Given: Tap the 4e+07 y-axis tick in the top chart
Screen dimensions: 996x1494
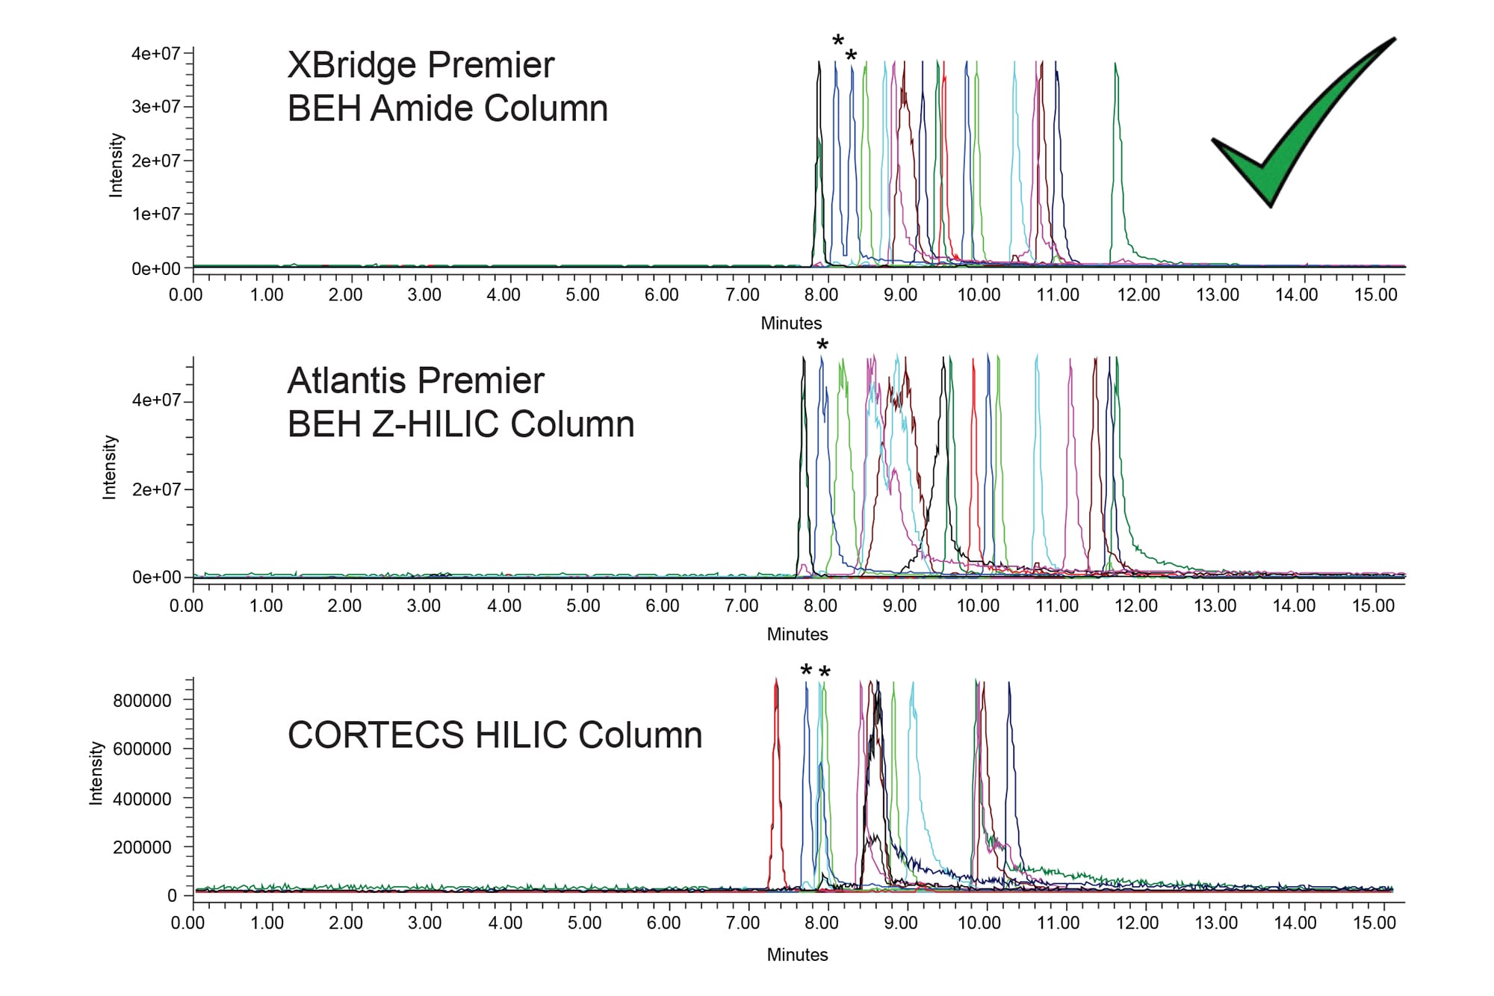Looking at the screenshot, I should (156, 53).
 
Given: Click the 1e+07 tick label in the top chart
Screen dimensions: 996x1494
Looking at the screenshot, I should (156, 214).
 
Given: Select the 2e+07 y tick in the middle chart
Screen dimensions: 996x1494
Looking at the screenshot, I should (156, 489).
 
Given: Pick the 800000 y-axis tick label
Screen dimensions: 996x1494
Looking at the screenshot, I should (142, 701).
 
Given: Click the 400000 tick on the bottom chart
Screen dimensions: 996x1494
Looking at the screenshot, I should (142, 799).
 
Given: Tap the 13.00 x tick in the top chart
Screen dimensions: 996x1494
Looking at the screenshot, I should (1217, 295).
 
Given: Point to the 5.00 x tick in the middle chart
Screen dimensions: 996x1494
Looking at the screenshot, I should (583, 606).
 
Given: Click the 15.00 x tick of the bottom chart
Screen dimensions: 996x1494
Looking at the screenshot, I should (1374, 924).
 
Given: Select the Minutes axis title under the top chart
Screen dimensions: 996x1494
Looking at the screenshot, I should (791, 324).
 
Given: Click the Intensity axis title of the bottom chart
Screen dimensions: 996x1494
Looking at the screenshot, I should (96, 773).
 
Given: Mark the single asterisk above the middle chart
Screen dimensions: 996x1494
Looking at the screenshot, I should (822, 346).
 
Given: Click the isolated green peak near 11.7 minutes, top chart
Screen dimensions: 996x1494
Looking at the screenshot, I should (1116, 149).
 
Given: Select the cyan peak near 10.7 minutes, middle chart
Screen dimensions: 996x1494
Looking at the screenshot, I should (1037, 448).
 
